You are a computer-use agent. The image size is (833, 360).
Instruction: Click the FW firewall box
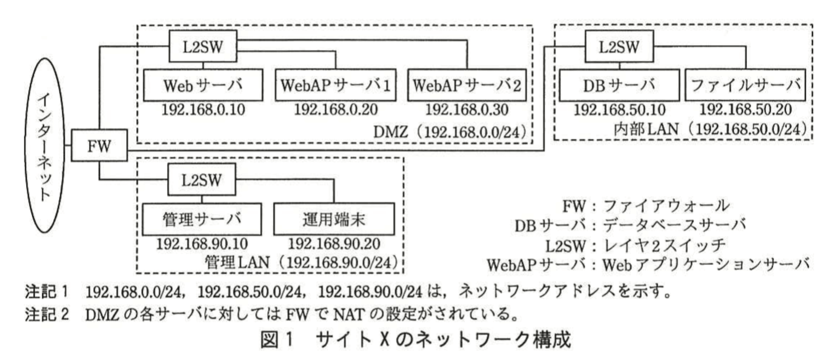(99, 145)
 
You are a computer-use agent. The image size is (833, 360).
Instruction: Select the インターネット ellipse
(45, 145)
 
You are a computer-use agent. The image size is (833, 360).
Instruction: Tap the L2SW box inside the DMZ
(203, 46)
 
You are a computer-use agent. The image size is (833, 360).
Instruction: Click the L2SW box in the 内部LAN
(619, 46)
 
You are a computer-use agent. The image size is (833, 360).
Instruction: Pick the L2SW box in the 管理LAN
(201, 180)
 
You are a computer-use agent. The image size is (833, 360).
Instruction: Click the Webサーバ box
(203, 85)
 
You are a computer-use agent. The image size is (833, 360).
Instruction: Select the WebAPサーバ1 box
(335, 85)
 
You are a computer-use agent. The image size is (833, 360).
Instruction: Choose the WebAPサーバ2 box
(467, 85)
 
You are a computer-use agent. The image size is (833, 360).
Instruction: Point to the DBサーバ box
(619, 85)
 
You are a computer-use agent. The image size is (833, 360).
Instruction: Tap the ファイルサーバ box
(745, 85)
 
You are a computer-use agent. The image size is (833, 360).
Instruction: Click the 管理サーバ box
(201, 219)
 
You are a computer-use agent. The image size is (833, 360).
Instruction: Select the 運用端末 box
(334, 219)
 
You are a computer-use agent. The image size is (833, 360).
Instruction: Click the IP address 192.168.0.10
(203, 110)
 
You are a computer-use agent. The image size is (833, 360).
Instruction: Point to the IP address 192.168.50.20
(745, 110)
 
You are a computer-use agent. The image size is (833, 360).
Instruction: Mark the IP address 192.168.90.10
(201, 244)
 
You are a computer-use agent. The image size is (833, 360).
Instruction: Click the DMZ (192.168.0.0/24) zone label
(450, 132)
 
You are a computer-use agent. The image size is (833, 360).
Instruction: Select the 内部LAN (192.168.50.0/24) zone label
(710, 130)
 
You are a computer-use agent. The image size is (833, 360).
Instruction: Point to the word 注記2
(46, 315)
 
